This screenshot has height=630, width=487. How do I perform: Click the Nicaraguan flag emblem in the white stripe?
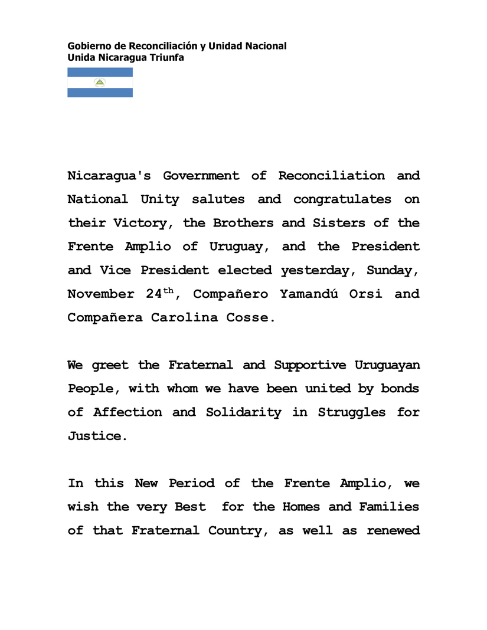[100, 83]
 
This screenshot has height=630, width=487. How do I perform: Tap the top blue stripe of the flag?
[100, 72]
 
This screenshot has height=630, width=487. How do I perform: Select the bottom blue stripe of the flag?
[100, 93]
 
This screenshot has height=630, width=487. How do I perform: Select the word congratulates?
[342, 199]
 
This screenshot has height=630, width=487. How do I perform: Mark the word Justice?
[97, 437]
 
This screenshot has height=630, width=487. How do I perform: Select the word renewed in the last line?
[393, 530]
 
